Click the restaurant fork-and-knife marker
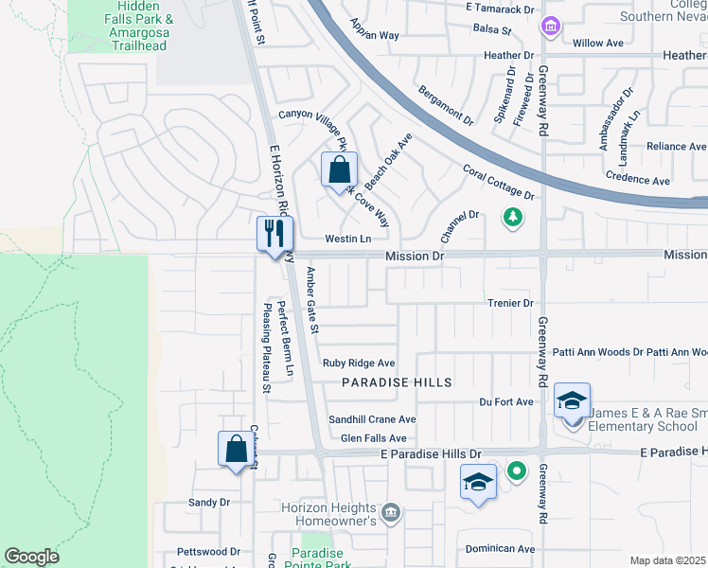pos(275,233)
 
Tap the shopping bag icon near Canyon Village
pos(339,172)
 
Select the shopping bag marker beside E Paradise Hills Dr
pos(236,449)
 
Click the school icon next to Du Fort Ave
pos(572,401)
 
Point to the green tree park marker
pos(512,218)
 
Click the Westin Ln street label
pos(347,239)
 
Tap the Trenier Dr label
pos(511,303)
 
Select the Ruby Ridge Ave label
pos(358,363)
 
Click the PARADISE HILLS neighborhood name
pos(397,382)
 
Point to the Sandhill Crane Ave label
pos(372,419)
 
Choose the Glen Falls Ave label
pos(373,438)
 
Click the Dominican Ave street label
pos(501,548)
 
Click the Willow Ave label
pos(598,43)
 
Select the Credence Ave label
pos(638,180)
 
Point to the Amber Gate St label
pos(313,301)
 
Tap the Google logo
pos(31,557)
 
